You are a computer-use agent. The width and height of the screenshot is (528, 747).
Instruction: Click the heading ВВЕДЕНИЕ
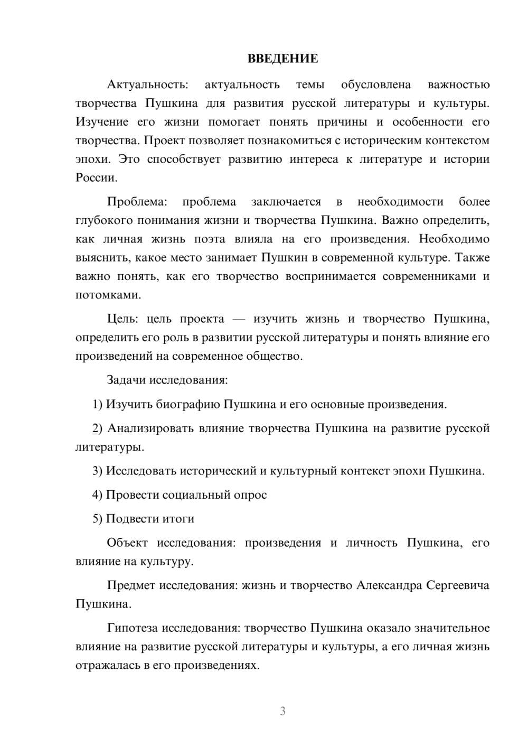tap(282, 59)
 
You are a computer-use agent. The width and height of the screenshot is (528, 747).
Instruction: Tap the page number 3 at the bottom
tap(282, 711)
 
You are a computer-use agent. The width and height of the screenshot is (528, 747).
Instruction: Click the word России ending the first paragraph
tap(96, 178)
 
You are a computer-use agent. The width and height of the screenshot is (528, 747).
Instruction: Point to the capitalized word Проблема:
tap(137, 202)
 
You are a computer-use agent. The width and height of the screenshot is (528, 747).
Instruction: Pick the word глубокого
tap(104, 220)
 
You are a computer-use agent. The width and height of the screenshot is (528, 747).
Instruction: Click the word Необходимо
tap(454, 239)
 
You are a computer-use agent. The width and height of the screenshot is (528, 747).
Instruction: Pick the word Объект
tap(127, 543)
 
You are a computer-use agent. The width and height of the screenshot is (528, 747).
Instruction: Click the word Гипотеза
tap(133, 628)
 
